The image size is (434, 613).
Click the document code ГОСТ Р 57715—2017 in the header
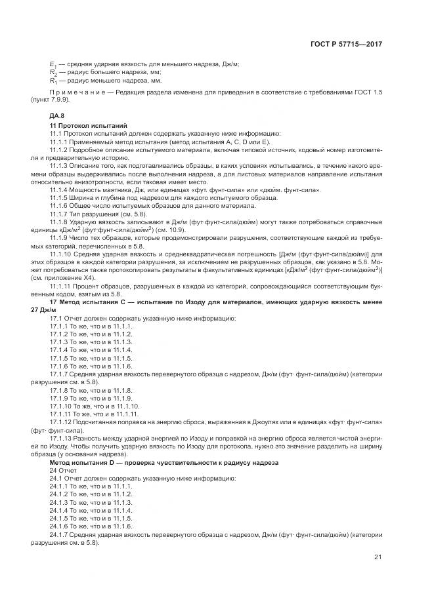coord(346,44)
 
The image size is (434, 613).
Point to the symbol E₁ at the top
coord(53,64)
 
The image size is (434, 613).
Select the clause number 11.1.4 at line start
coord(61,190)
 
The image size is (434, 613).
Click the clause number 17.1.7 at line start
coord(61,374)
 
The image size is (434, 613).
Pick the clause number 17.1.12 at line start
coord(63,422)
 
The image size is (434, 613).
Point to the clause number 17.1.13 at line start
coord(63,438)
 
